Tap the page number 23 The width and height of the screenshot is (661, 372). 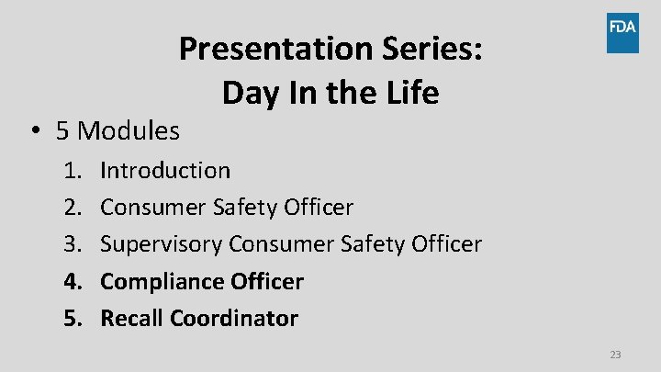614,355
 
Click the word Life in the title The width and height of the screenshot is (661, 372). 409,93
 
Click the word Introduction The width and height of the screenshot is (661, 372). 165,171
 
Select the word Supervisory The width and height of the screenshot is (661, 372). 162,244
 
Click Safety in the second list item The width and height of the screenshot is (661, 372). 241,208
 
